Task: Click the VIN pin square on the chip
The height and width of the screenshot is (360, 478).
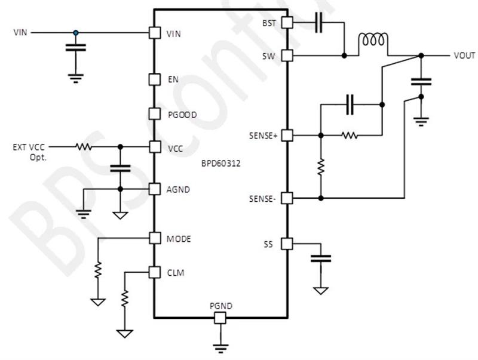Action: coord(155,33)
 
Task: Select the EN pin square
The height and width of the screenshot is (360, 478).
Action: coord(155,79)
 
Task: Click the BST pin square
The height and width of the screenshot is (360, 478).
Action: coord(286,23)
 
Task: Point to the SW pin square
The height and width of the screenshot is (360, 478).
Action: coord(286,56)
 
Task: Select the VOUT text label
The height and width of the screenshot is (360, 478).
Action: coord(464,56)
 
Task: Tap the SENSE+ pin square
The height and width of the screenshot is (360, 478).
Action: coord(286,136)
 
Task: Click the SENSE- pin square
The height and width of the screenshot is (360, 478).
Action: coord(286,198)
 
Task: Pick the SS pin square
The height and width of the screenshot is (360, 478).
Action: coord(286,244)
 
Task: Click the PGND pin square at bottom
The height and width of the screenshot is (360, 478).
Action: coord(220,318)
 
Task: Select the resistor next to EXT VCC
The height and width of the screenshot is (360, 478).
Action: coord(84,146)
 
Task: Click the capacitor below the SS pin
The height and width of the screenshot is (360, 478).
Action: coord(321,259)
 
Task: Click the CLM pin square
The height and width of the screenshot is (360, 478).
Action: coord(155,272)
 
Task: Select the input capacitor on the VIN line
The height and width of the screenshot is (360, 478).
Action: coord(75,48)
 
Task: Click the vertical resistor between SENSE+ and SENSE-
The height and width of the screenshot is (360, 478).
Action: coord(321,167)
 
